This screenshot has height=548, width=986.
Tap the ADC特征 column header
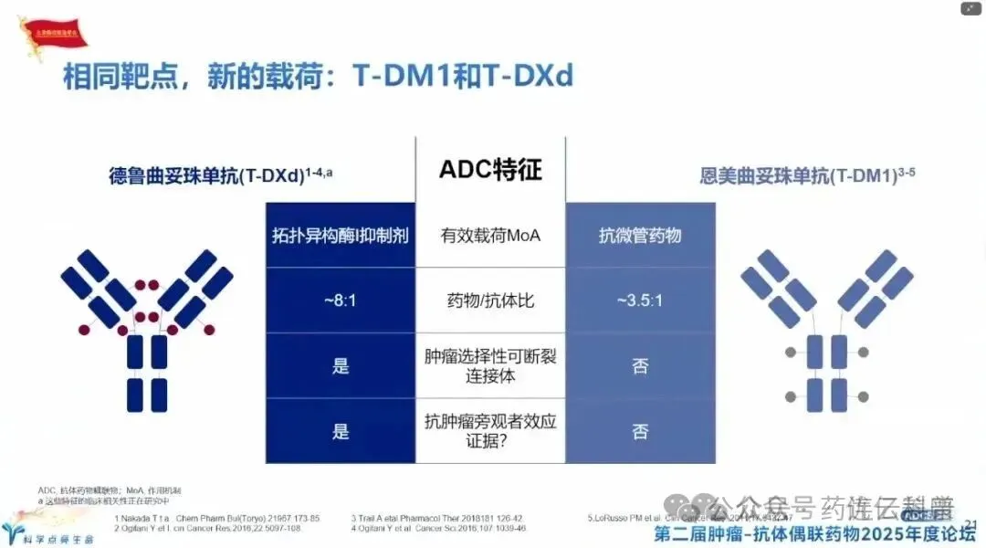(x=490, y=169)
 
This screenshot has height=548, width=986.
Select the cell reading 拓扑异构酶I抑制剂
(x=341, y=236)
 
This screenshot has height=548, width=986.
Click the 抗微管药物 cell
(x=640, y=236)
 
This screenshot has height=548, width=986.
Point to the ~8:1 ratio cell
(x=341, y=301)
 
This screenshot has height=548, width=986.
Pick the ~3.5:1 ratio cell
(x=640, y=301)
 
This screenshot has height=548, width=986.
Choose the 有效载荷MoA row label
(x=490, y=236)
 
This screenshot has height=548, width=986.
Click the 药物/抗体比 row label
(x=490, y=301)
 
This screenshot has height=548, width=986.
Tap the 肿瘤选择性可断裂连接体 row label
(x=490, y=366)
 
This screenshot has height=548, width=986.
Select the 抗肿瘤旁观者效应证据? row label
(x=490, y=431)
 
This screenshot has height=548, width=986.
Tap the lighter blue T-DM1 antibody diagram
(x=826, y=329)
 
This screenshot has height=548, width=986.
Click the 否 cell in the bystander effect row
(x=640, y=431)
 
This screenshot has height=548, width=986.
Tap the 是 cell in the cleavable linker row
(x=341, y=366)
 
